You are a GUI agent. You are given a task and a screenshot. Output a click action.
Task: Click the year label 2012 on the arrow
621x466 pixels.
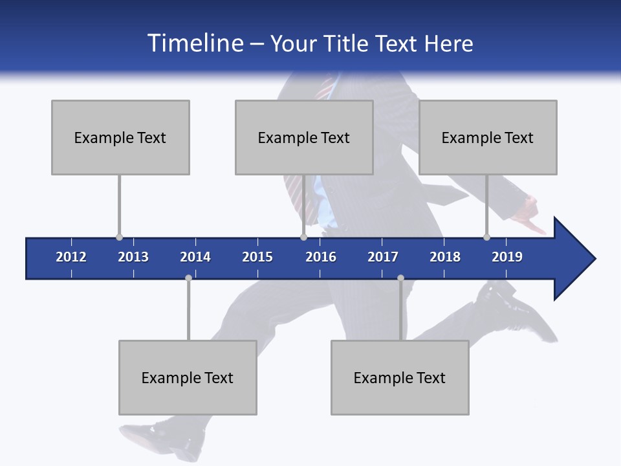coord(71,257)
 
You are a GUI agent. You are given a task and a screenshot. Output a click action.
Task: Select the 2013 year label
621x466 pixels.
coord(133,257)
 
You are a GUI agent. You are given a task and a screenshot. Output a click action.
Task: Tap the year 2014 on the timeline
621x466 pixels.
coord(195,257)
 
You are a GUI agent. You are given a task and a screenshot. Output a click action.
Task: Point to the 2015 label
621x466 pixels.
coord(257,257)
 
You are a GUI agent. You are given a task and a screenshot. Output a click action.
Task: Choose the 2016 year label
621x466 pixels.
coord(321,257)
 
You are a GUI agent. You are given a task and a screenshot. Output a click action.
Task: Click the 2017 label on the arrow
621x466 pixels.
coord(383,257)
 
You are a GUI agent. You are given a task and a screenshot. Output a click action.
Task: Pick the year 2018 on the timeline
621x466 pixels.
coord(445,257)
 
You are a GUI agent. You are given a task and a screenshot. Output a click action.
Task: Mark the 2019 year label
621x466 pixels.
coord(507,257)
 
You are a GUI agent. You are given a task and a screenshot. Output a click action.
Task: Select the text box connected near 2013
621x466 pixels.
coord(120,137)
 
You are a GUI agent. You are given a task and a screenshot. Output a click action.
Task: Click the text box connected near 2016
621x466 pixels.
coord(304,137)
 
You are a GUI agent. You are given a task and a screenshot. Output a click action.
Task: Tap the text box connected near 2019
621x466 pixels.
coord(488,137)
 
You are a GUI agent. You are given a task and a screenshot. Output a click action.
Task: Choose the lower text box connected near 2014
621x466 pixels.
coord(188,377)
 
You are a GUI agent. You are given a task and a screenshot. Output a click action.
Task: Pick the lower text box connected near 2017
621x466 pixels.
coord(400,377)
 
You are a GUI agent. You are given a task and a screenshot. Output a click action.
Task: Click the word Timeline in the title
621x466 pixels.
coord(195,43)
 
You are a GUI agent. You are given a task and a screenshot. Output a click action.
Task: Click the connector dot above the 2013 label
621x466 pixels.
coord(119,237)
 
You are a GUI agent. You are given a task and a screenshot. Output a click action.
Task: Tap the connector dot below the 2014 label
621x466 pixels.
coord(188,278)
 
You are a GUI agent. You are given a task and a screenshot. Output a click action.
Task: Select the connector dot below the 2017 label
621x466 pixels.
coord(400,278)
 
